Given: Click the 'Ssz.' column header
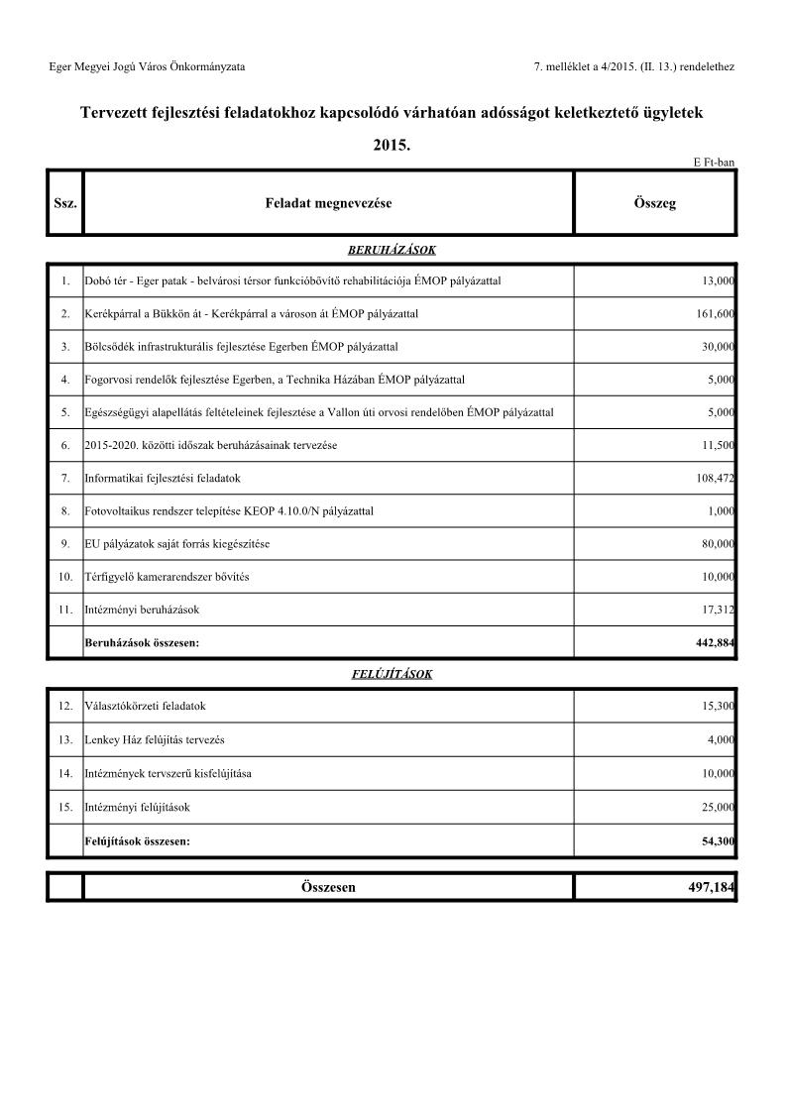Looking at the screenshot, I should pyautogui.click(x=64, y=203).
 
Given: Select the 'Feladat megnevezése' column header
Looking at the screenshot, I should pyautogui.click(x=328, y=203).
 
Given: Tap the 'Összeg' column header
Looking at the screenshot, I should pyautogui.click(x=654, y=203).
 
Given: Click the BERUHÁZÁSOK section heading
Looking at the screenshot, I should pyautogui.click(x=392, y=251).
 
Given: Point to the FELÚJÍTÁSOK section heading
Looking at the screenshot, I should pyautogui.click(x=392, y=674).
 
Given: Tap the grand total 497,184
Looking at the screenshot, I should pyautogui.click(x=712, y=888).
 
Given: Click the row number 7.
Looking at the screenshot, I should pyautogui.click(x=64, y=479).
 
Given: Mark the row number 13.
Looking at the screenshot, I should pyautogui.click(x=64, y=740).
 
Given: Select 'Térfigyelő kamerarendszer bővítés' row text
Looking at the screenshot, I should pyautogui.click(x=168, y=577).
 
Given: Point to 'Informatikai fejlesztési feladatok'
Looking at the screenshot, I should pyautogui.click(x=164, y=479).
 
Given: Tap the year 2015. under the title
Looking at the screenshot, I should pyautogui.click(x=392, y=145).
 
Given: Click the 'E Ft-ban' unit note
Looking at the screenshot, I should pyautogui.click(x=714, y=163).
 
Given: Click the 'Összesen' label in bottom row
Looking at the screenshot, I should pyautogui.click(x=328, y=888).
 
